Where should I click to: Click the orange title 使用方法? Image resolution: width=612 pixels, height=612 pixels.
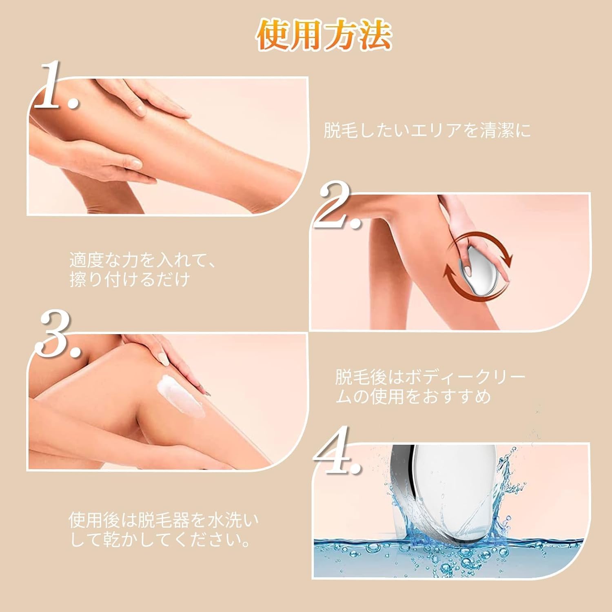324,37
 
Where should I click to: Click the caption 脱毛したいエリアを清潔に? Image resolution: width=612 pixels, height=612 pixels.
428,131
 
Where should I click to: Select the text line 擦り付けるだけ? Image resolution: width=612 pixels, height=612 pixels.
130,280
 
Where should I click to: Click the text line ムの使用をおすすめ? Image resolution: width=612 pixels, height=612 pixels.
413,396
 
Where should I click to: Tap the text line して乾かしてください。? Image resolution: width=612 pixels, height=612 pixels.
160,539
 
